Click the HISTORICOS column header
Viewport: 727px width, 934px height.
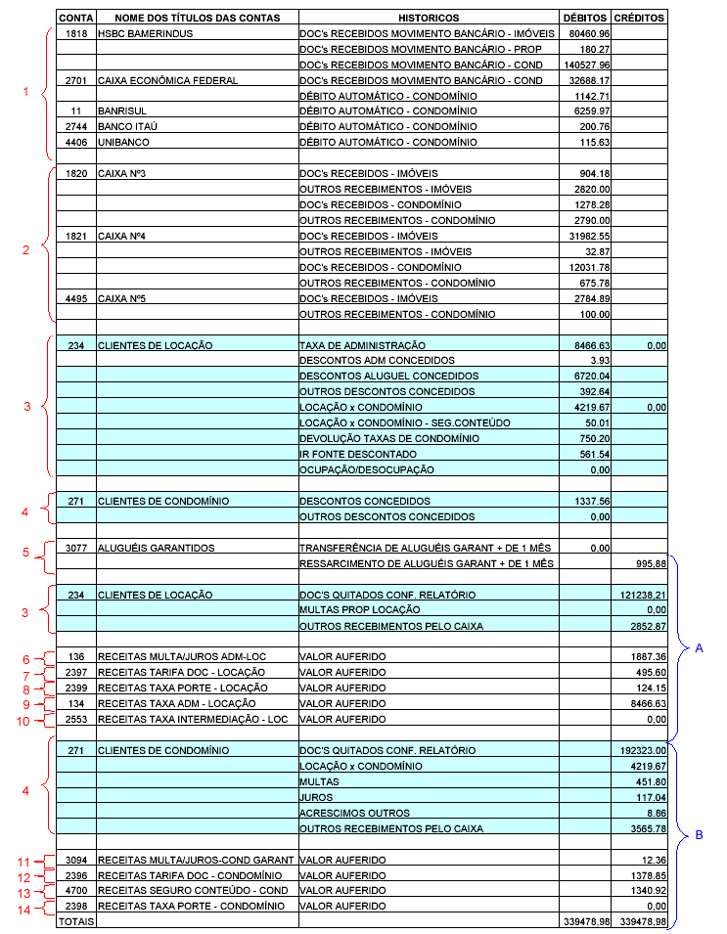coord(429,19)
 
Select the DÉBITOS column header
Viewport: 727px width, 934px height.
coord(585,19)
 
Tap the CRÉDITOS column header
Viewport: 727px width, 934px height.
coord(640,19)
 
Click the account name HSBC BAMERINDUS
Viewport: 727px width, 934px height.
coord(145,33)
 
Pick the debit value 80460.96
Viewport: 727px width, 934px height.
coord(589,33)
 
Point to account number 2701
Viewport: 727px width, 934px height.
coord(75,80)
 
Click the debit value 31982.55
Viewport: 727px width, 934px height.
coord(589,237)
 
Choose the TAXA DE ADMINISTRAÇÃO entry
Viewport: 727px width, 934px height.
coord(362,345)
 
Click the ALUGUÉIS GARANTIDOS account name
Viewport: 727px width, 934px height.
coord(156,549)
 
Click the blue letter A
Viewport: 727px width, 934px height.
coord(699,647)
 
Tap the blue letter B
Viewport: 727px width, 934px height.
coord(699,834)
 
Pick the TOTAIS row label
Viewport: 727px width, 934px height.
coord(75,922)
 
